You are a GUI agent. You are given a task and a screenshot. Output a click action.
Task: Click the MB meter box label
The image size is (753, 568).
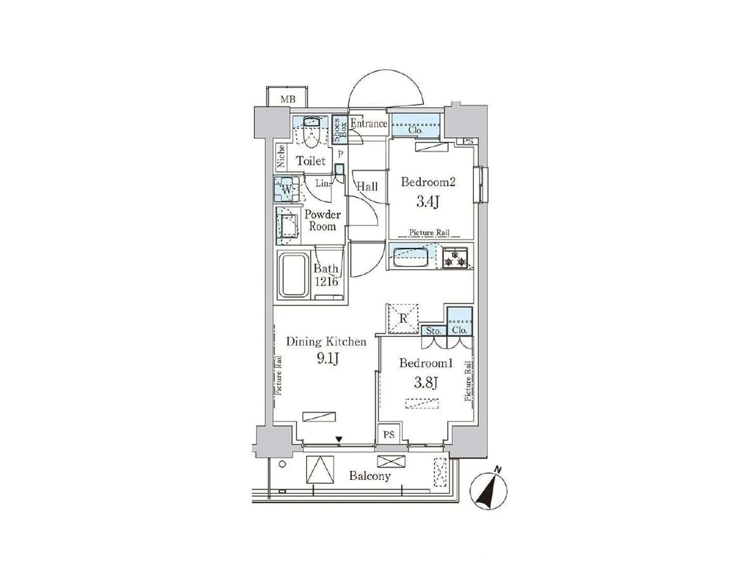pos(287,99)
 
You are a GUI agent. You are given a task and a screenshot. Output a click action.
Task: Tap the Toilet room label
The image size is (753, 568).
pos(311,161)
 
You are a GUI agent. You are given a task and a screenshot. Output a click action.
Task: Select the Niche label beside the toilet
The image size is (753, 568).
pos(281,156)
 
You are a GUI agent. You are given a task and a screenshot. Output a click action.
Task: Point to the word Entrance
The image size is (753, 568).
pos(369,124)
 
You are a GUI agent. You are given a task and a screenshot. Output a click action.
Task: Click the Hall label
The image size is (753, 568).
pos(367,186)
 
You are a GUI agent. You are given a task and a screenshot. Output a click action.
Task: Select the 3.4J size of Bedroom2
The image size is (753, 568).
pos(428,202)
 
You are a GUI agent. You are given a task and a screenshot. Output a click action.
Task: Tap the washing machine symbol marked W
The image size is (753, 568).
pos(287,189)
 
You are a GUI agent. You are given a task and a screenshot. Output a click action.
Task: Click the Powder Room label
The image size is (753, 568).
pos(322,220)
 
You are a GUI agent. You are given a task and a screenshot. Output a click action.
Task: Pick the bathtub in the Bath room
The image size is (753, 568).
pos(293,275)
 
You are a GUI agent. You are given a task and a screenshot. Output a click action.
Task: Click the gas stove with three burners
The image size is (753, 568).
pos(455,258)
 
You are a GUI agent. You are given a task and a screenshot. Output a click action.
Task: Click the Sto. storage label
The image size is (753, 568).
pos(433,331)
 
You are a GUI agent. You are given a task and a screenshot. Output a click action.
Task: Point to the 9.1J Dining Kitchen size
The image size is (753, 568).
pos(328,359)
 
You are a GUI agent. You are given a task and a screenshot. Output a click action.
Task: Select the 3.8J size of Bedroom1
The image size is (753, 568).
pos(425,382)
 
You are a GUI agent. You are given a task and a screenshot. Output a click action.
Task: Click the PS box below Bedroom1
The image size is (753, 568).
pos(389,435)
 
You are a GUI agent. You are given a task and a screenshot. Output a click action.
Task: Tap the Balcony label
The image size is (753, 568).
pos(370,476)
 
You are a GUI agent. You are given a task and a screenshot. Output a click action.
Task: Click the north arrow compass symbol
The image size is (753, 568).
pos(488,490)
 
